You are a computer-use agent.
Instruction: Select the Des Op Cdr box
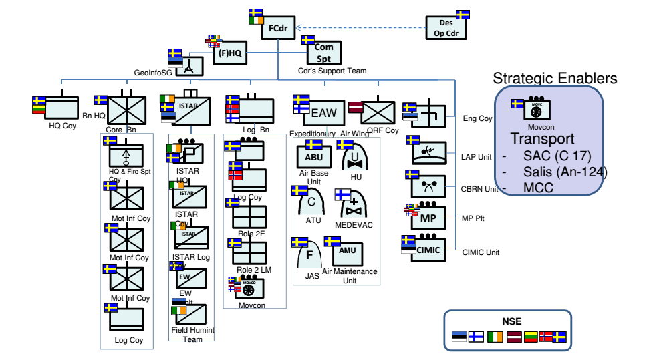click(x=447, y=28)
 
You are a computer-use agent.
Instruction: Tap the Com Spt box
click(x=324, y=53)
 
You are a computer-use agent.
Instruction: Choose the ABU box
click(x=313, y=157)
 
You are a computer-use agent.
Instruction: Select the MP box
click(x=428, y=218)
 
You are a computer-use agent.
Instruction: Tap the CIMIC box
click(x=428, y=250)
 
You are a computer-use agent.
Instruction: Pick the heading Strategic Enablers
click(x=555, y=79)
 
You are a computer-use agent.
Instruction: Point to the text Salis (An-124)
click(x=565, y=172)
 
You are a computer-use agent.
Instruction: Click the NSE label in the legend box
click(x=511, y=321)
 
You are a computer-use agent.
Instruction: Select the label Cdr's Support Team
click(x=332, y=71)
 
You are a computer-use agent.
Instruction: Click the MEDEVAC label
click(x=354, y=225)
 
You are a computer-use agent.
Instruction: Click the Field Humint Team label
click(x=192, y=335)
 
